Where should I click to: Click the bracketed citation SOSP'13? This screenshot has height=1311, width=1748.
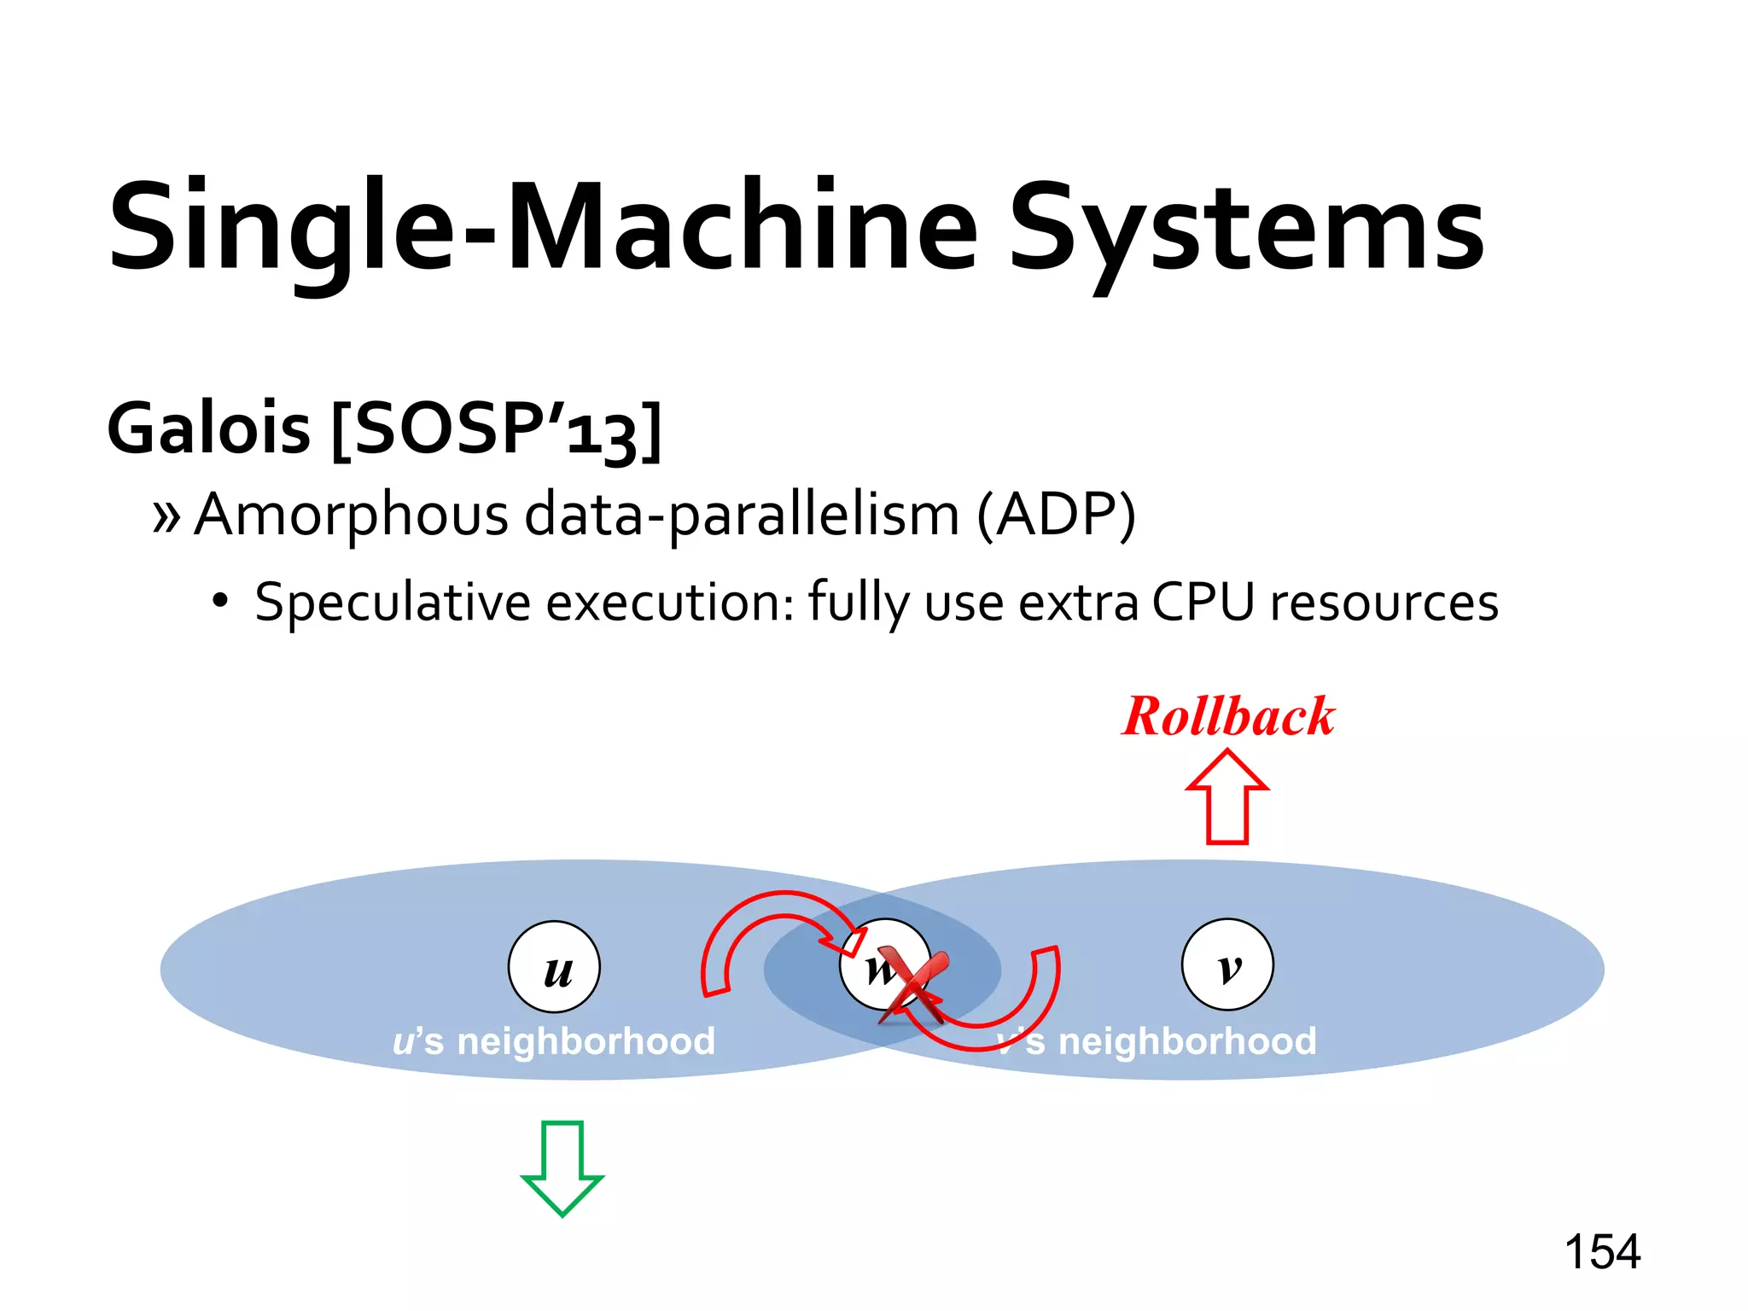496,429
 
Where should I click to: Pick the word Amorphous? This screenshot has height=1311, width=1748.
351,516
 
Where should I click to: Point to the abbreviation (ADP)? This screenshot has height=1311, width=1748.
1056,516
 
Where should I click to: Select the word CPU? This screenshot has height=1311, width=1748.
1203,603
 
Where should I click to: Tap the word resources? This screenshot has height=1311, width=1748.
1384,603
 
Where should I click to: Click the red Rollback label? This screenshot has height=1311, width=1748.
1228,716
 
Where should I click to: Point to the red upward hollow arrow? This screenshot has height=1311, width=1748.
1227,796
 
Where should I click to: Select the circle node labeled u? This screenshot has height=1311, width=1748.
555,967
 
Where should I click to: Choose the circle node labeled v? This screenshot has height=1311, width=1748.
1227,964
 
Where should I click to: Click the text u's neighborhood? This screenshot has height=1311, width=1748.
554,1041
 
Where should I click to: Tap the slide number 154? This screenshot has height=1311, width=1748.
1602,1252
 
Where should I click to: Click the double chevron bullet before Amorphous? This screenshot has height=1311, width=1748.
166,516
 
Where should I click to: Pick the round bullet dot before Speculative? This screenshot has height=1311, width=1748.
221,601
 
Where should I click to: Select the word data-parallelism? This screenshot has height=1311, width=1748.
742,516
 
